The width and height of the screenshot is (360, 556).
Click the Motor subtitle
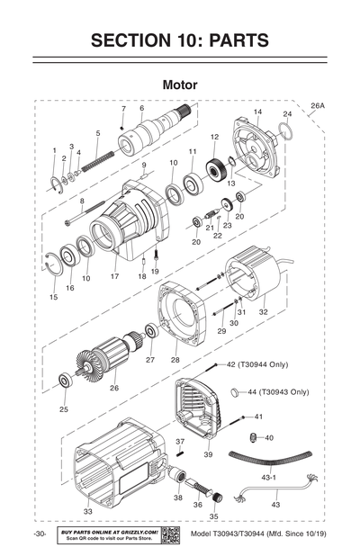click(180, 85)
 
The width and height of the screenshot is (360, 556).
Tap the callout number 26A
click(318, 106)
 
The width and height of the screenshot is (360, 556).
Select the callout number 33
click(87, 511)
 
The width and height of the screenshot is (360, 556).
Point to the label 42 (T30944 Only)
click(256, 364)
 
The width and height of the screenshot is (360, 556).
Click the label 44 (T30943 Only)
click(277, 392)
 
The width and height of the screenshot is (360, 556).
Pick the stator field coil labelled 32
click(247, 279)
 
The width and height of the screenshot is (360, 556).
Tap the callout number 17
click(114, 276)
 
